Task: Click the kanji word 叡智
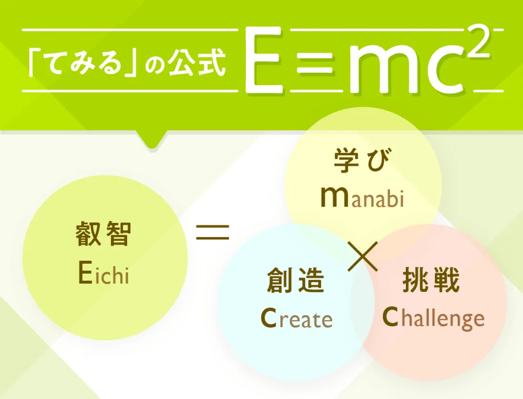point(103,234)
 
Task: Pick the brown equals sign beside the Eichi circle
point(213,232)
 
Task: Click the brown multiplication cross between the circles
point(363,256)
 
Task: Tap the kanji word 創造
point(296,280)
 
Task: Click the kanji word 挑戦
point(431,280)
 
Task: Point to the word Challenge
point(433,318)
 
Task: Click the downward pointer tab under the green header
point(152,139)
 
